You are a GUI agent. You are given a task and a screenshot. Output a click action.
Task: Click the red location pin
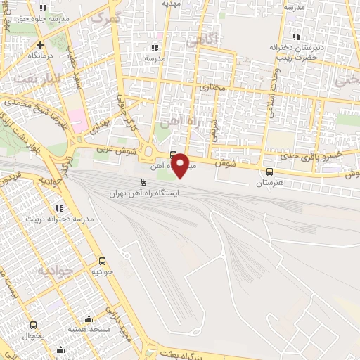(x=181, y=165)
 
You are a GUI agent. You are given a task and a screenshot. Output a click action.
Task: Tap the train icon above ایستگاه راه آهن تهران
(x=144, y=181)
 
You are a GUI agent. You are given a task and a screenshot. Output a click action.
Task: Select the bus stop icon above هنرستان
(x=269, y=172)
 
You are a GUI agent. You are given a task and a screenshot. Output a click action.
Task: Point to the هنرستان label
(x=268, y=182)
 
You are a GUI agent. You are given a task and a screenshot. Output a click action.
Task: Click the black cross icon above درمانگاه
(x=41, y=44)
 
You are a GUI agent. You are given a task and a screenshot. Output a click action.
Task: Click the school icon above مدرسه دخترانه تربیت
(x=60, y=208)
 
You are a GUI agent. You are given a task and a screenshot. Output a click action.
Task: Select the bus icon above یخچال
(x=33, y=325)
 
